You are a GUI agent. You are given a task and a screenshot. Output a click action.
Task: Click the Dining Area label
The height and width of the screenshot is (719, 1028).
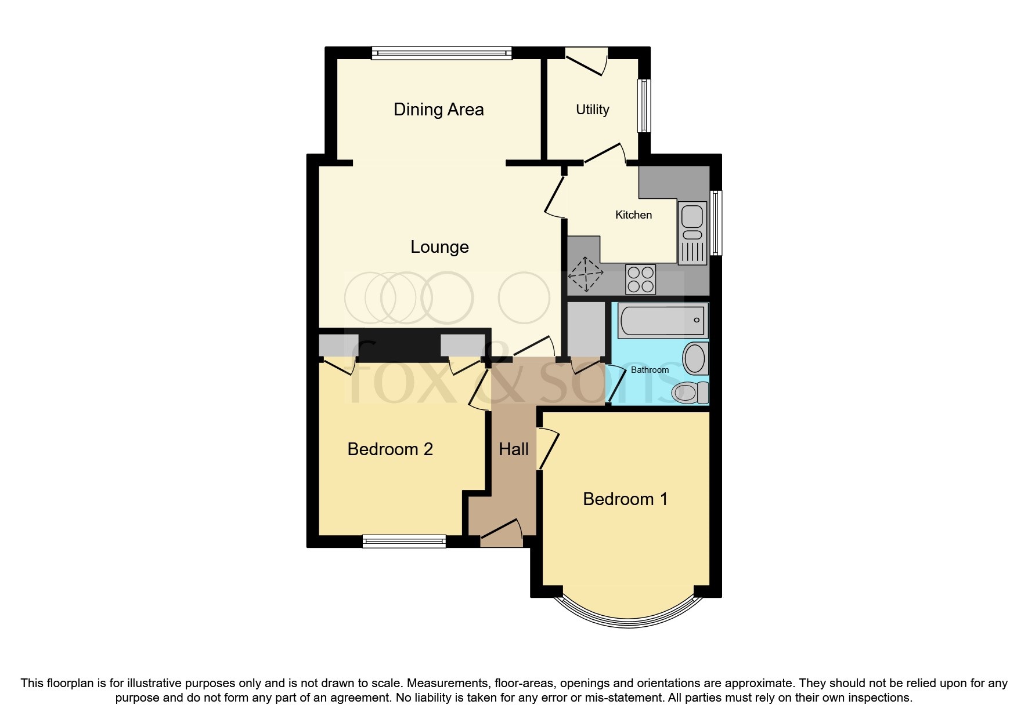tap(438, 110)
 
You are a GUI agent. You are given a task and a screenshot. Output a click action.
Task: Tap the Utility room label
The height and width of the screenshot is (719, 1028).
tap(592, 110)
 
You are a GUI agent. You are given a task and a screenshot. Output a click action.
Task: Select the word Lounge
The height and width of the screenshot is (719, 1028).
tap(439, 247)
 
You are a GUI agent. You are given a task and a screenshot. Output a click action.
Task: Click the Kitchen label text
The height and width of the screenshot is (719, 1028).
tap(633, 215)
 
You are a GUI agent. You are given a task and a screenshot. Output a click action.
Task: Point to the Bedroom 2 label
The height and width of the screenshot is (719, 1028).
tap(390, 449)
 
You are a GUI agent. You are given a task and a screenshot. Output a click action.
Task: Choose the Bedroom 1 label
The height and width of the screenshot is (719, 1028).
tap(625, 499)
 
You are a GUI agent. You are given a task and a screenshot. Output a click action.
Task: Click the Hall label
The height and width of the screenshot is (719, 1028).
tap(514, 449)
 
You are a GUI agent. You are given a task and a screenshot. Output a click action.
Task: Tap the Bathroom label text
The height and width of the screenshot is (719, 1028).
tap(650, 370)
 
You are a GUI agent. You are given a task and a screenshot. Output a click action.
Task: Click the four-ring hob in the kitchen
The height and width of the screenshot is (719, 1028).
tap(641, 279)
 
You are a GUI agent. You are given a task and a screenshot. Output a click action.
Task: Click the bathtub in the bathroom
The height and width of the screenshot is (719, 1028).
tap(662, 321)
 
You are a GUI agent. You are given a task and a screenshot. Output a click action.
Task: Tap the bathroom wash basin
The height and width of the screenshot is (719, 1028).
tap(695, 358)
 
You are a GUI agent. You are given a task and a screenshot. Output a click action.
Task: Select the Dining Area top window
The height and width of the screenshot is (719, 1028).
tap(441, 53)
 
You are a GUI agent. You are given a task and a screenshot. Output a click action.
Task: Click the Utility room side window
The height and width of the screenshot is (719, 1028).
tap(644, 106)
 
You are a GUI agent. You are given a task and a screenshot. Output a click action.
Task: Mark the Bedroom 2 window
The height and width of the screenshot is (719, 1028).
tap(404, 542)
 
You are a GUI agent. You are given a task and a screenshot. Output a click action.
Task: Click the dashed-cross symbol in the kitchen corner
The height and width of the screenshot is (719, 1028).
tap(585, 274)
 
